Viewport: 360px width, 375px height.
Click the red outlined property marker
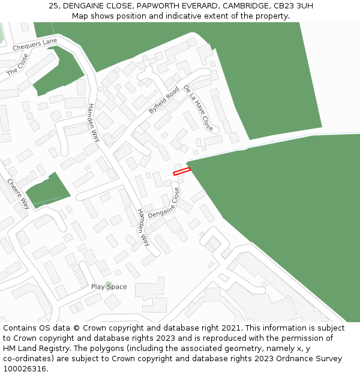[182, 171]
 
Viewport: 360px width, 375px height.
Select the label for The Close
[18, 64]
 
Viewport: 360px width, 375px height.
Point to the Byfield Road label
[164, 100]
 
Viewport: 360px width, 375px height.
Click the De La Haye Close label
[199, 108]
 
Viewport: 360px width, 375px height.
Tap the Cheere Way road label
[18, 194]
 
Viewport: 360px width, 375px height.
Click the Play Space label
[109, 287]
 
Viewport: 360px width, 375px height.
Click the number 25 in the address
[53, 6]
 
